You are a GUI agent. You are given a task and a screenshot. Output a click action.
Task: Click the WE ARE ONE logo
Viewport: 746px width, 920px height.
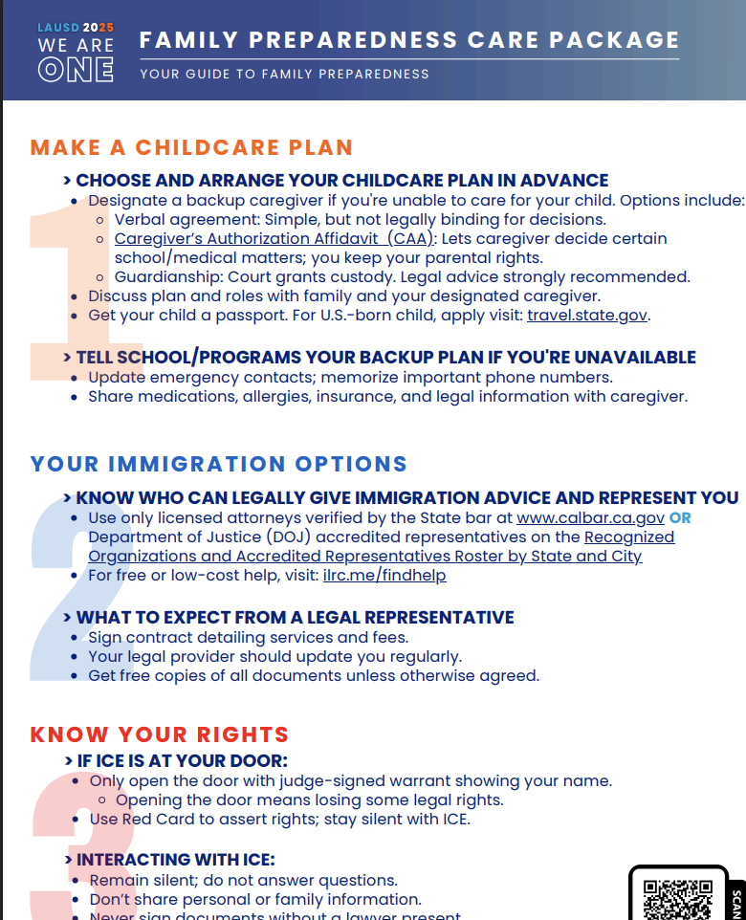point(76,53)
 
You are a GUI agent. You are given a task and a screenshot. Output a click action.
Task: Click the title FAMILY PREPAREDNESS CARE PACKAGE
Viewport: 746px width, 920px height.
point(409,40)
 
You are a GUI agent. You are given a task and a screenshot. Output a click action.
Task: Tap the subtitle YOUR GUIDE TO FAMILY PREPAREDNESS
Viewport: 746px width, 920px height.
point(284,74)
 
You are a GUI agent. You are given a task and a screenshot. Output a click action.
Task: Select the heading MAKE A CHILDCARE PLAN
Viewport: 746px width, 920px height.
point(191,147)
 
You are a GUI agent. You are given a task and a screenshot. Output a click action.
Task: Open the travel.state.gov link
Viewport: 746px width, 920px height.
point(587,315)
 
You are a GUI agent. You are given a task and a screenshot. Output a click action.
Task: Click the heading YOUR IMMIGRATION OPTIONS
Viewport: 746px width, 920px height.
point(219,464)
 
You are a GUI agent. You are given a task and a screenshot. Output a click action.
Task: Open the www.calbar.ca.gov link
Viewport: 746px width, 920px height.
point(590,518)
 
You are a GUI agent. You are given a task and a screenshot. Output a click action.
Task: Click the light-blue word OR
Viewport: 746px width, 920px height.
point(680,518)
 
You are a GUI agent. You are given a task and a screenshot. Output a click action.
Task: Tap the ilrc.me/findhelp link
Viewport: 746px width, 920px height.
point(384,575)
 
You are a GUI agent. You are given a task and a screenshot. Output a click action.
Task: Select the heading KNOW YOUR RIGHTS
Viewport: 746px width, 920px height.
point(159,734)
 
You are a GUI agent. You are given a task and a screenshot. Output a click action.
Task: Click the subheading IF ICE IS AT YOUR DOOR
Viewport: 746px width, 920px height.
point(182,760)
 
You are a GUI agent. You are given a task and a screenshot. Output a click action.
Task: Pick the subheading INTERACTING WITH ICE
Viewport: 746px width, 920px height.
point(176,860)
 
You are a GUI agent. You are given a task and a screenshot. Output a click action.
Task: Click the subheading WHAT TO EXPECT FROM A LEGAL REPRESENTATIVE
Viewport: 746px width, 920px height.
point(295,617)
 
